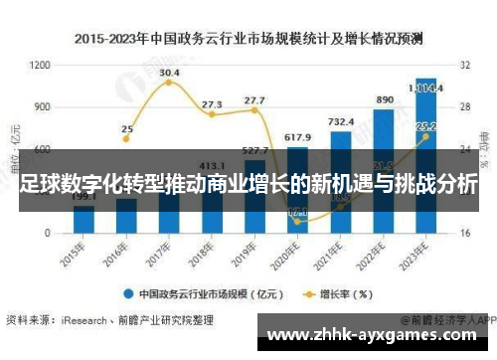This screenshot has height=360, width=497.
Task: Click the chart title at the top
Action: coord(248,39)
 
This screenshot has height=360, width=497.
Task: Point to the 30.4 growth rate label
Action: coord(169,73)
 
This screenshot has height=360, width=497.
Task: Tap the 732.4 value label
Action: coord(341,121)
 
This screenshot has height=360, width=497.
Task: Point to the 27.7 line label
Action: coord(254,100)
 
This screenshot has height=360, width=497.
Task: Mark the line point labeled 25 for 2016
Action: coord(127,143)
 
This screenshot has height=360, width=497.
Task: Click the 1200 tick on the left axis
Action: coord(40,65)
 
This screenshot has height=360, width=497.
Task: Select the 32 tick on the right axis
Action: coord(463,65)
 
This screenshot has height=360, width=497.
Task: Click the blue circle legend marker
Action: coord(129,294)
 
